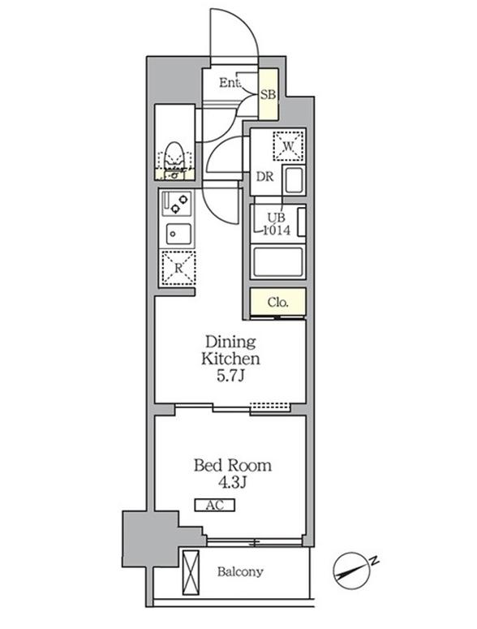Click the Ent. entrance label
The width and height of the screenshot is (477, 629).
230,83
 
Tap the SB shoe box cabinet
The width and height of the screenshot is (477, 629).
269,94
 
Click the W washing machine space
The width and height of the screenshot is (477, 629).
288,145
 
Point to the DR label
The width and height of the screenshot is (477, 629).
264,176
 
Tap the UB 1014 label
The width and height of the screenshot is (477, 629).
277,223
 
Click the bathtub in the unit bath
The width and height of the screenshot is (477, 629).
277,262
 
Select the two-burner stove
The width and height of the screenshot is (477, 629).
177,204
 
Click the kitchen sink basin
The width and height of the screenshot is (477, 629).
178,234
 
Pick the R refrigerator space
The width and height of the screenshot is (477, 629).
178,268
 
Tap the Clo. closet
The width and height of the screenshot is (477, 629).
278,303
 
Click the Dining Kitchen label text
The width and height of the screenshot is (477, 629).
230,350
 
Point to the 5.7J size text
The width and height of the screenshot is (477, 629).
230,376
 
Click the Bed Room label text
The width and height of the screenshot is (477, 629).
233,465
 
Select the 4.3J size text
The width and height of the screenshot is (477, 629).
232,483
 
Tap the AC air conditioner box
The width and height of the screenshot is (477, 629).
215,505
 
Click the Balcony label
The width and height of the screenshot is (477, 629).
240,571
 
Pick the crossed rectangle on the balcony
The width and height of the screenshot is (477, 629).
191,572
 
